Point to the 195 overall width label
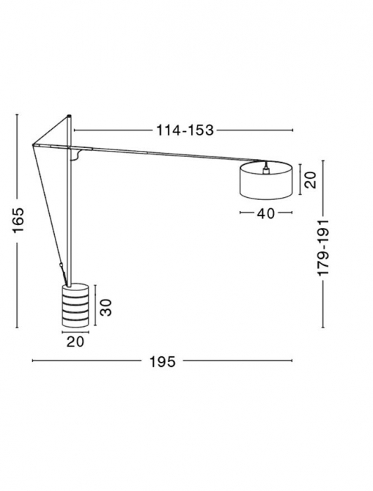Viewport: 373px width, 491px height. click(162, 361)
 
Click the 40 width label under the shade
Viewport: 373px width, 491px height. click(265, 214)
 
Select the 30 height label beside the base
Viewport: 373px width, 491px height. click(105, 305)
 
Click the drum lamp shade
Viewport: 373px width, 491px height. click(266, 182)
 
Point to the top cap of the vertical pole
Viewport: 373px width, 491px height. click(70, 116)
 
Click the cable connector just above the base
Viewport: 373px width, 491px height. click(61, 267)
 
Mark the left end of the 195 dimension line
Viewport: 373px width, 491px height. click(32, 361)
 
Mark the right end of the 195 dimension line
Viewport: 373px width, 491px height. click(292, 361)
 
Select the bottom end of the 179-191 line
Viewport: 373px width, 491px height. click(322, 326)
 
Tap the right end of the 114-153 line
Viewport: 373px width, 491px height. click(292, 130)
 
